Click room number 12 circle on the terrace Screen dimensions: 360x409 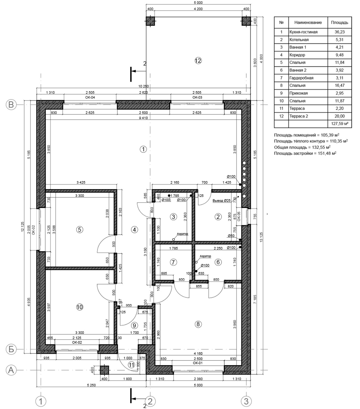(198, 61)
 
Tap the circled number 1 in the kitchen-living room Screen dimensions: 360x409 (143, 149)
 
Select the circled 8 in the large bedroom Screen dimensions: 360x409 (198, 324)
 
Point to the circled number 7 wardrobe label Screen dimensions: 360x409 (173, 262)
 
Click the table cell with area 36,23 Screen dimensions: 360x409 (340, 32)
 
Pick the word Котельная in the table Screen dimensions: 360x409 (299, 40)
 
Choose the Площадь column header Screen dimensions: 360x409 (340, 22)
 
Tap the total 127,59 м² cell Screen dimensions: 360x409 (340, 124)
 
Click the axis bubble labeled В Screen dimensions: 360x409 (11, 105)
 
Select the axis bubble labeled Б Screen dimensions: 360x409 (11, 349)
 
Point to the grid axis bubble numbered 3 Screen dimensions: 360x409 (246, 401)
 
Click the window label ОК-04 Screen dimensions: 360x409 (90, 97)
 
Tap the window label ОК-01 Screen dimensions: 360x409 (198, 363)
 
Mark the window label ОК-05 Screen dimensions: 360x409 (239, 216)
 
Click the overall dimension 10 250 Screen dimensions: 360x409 (143, 86)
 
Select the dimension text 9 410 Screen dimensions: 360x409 (143, 118)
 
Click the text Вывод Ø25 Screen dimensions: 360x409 (222, 201)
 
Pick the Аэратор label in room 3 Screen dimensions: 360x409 (182, 234)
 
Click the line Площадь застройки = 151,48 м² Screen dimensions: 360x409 (305, 154)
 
